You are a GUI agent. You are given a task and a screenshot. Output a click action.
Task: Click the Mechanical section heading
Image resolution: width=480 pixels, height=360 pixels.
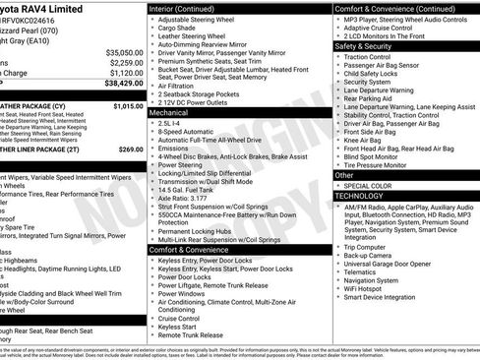click(169, 113)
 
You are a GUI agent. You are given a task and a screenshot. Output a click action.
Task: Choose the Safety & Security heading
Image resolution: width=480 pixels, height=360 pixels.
click(363, 45)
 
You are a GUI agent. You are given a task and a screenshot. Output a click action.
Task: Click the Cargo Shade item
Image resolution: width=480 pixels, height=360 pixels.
click(179, 29)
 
